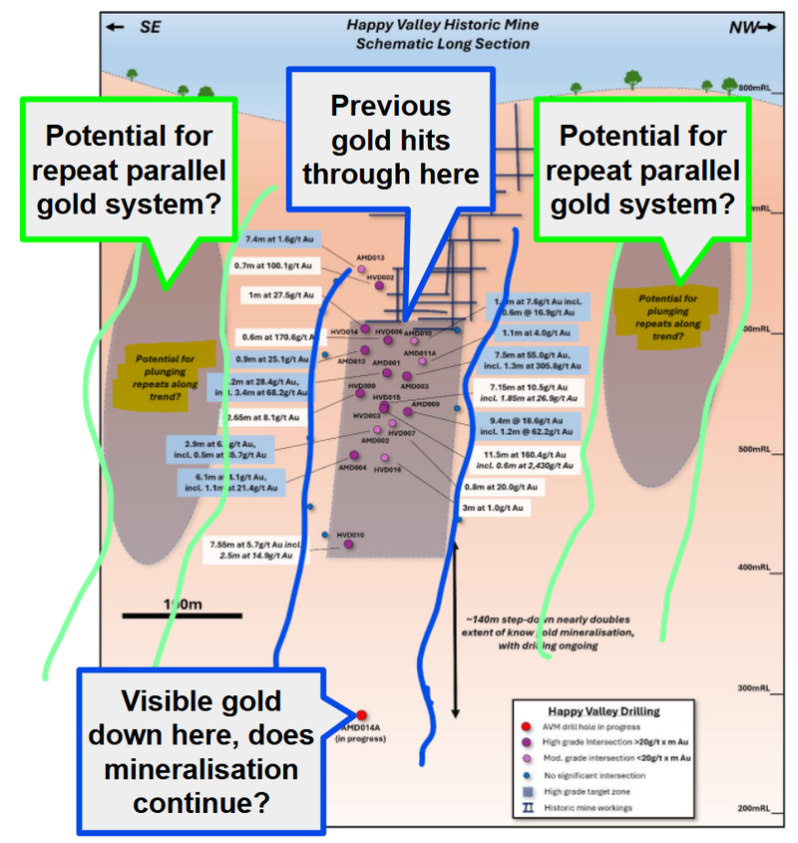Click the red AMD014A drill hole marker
(362, 714)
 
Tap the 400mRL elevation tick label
(752, 569)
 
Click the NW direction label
(750, 28)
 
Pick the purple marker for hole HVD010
(348, 544)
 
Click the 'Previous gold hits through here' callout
(390, 141)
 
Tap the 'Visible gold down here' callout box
(201, 750)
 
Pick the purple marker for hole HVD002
(380, 287)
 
